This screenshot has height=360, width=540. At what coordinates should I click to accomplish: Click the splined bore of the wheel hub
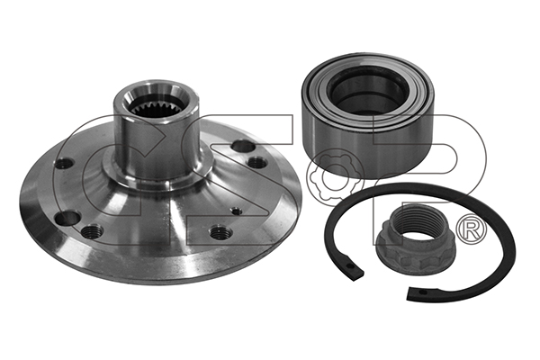[x=157, y=104]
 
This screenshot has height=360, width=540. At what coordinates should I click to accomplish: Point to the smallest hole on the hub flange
[x=236, y=211]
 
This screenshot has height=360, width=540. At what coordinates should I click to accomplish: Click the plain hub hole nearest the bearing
[x=244, y=146]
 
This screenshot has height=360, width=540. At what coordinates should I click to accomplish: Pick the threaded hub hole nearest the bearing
[x=256, y=163]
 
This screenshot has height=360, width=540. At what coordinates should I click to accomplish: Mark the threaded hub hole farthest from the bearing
[x=92, y=230]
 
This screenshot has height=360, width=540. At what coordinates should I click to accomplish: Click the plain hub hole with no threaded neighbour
[x=65, y=163]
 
